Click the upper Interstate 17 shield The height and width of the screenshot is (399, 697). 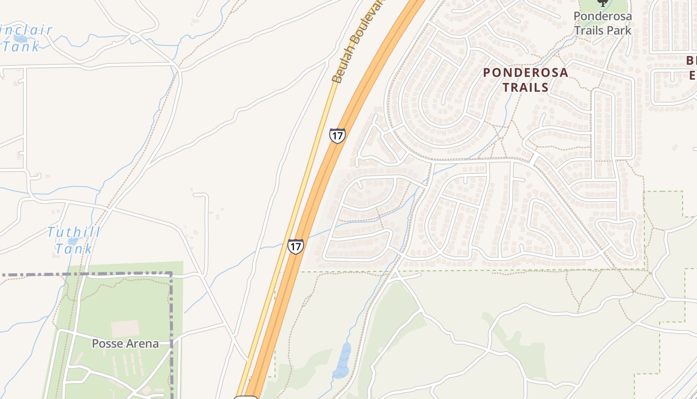(x=337, y=136)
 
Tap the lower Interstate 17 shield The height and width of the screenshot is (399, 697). (x=295, y=246)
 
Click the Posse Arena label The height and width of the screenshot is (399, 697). (x=125, y=344)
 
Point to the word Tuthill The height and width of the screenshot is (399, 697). (x=74, y=232)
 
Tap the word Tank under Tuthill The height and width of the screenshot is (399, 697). (x=74, y=248)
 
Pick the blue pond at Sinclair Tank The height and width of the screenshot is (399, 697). (x=20, y=38)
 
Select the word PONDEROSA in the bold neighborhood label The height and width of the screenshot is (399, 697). (x=525, y=73)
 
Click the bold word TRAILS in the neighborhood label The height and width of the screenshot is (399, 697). (x=525, y=88)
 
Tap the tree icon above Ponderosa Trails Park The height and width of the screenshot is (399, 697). (x=602, y=2)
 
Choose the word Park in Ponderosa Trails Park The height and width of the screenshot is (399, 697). (x=619, y=30)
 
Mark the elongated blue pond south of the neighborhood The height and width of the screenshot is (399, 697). (x=343, y=360)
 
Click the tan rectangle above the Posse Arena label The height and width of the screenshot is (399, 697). (x=125, y=329)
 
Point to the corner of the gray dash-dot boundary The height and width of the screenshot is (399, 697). (x=171, y=274)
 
